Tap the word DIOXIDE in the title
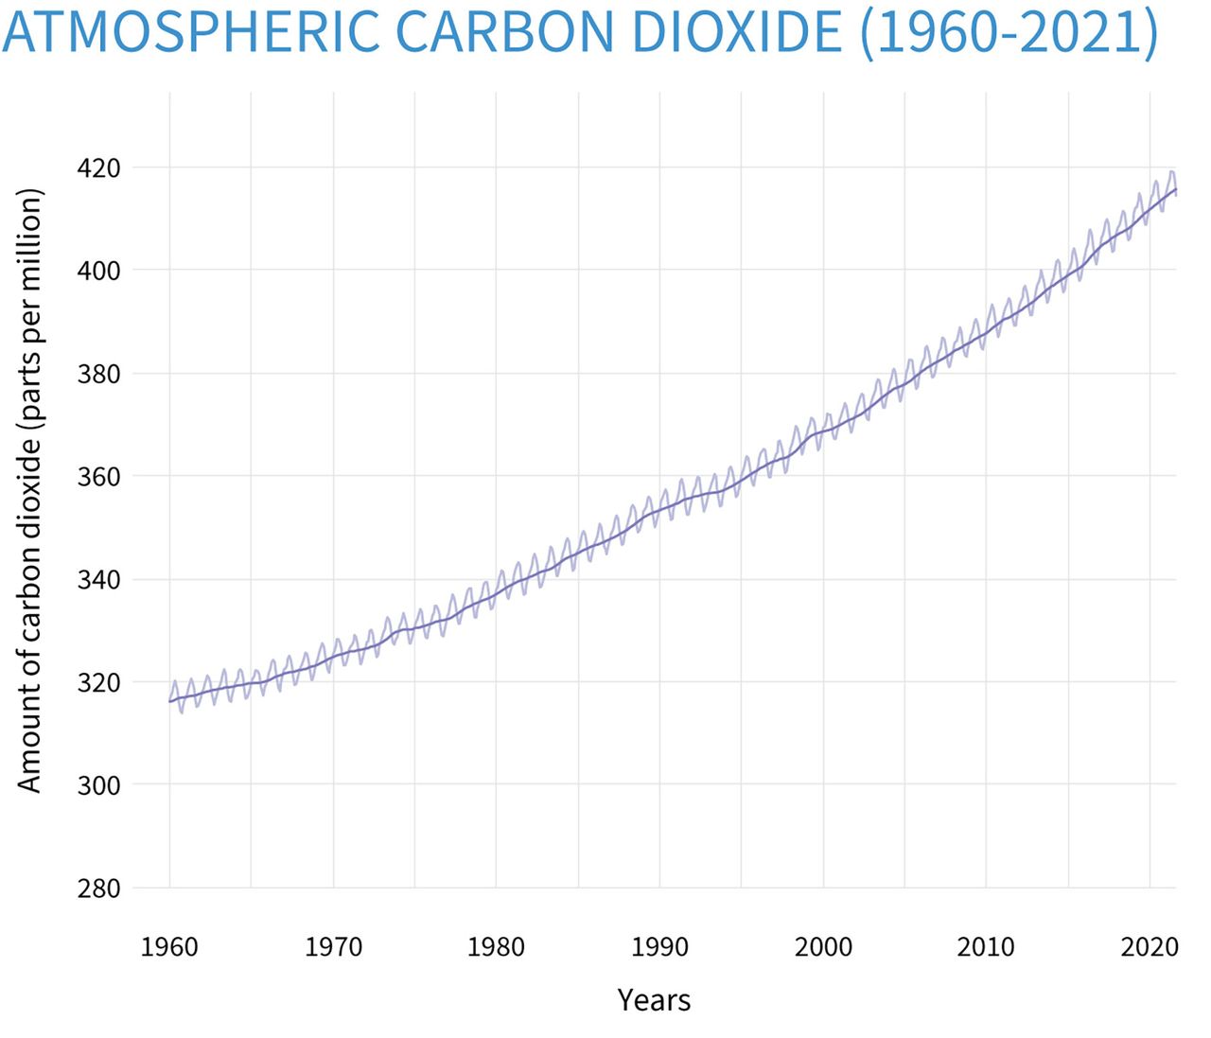(735, 31)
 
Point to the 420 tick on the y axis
(98, 168)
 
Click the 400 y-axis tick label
(98, 272)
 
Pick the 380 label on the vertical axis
(98, 374)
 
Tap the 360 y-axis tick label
(98, 477)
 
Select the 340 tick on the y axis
(98, 579)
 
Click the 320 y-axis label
(98, 682)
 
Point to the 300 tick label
(98, 785)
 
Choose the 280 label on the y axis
(98, 888)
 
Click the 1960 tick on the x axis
(169, 947)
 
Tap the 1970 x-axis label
(333, 947)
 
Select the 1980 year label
(496, 947)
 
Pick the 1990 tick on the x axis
(659, 947)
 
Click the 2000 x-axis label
(823, 947)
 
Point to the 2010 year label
(986, 947)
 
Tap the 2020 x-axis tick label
(1149, 947)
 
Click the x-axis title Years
(654, 1000)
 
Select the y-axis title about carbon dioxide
(30, 489)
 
